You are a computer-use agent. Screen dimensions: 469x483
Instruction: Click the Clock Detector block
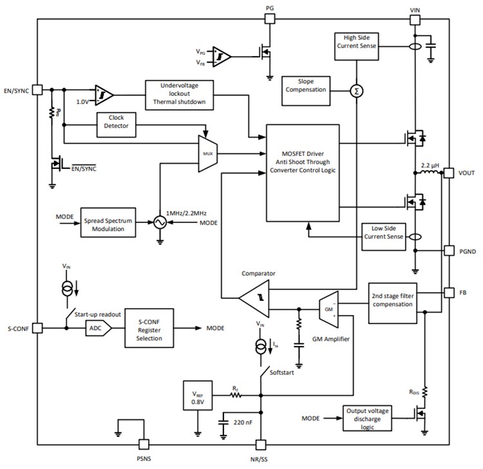tap(116, 125)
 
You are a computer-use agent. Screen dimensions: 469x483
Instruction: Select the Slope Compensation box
tap(305, 85)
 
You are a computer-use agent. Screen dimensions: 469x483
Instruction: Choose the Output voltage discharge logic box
tap(368, 418)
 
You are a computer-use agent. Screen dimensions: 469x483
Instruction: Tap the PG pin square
tap(270, 19)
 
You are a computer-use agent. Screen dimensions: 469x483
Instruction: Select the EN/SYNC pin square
tap(37, 91)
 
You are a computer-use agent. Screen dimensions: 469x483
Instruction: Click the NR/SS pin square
tap(260, 444)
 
